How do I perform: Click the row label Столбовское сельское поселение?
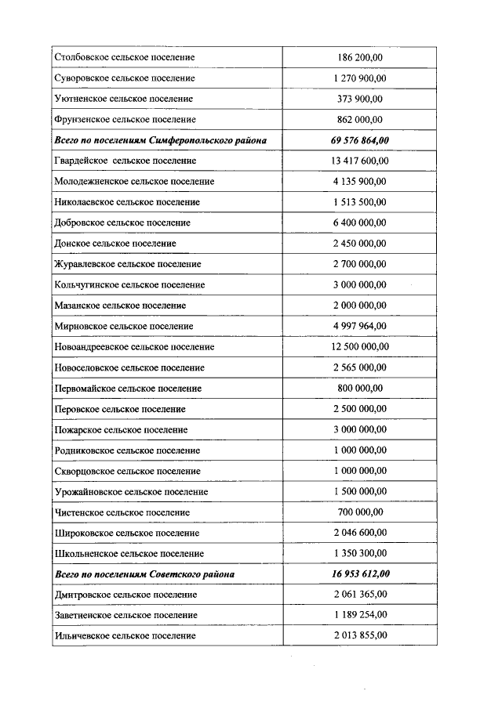(125, 58)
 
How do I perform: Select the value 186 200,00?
(359, 58)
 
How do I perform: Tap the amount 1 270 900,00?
(359, 78)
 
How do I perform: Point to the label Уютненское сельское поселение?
(124, 99)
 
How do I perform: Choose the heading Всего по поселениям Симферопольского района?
(160, 140)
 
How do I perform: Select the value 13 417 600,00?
(359, 161)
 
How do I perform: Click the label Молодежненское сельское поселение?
(134, 182)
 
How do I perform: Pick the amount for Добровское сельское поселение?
(359, 222)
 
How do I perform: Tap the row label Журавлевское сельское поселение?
(128, 264)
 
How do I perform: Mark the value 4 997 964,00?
(359, 326)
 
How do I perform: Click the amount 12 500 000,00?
(359, 346)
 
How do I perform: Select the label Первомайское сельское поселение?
(128, 388)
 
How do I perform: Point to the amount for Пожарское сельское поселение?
(359, 429)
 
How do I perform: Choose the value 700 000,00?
(359, 512)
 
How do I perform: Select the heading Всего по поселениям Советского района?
(144, 574)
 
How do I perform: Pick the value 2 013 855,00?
(359, 635)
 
